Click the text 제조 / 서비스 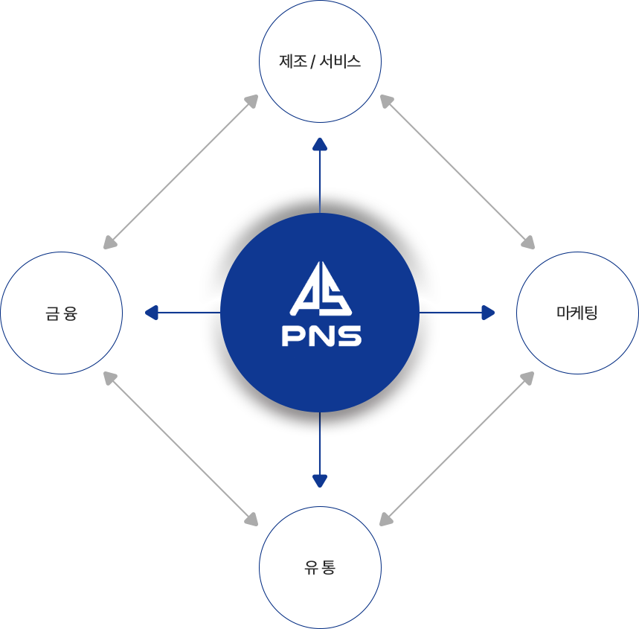320,62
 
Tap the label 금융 61,313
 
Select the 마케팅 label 577,312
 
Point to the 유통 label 320,567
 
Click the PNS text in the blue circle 321,336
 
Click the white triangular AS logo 321,289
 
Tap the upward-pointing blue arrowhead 320,144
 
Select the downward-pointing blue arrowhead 320,480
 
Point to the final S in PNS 350,336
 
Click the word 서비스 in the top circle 340,62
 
